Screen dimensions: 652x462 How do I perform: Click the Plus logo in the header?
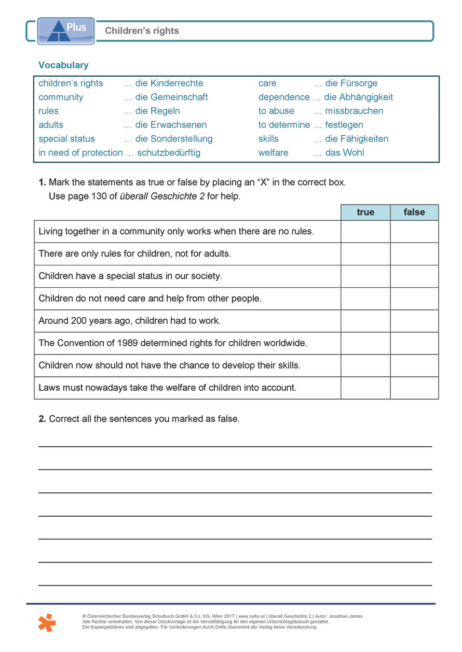(66, 31)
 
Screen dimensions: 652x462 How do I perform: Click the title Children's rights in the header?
(142, 31)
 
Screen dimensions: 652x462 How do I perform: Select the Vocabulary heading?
(63, 65)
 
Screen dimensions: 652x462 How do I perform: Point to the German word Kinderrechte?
(176, 83)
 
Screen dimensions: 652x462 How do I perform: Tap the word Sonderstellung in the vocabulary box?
(181, 139)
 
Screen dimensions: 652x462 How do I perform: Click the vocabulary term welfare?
(273, 153)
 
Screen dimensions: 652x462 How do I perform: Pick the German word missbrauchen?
(354, 111)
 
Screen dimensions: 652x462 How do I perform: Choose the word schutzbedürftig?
(169, 153)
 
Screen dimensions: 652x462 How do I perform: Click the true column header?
(365, 212)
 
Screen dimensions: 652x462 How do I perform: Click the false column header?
(414, 212)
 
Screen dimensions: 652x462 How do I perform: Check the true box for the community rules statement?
(365, 232)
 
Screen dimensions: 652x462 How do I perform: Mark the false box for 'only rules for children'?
(414, 254)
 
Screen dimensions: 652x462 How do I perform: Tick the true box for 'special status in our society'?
(365, 276)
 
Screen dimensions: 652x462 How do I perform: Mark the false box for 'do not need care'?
(414, 299)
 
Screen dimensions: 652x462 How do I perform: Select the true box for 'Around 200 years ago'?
(365, 321)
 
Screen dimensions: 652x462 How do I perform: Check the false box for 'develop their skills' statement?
(414, 365)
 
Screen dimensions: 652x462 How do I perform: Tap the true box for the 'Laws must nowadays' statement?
(365, 388)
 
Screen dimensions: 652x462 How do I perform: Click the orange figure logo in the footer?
(46, 622)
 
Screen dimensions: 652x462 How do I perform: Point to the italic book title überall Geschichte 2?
(162, 196)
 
